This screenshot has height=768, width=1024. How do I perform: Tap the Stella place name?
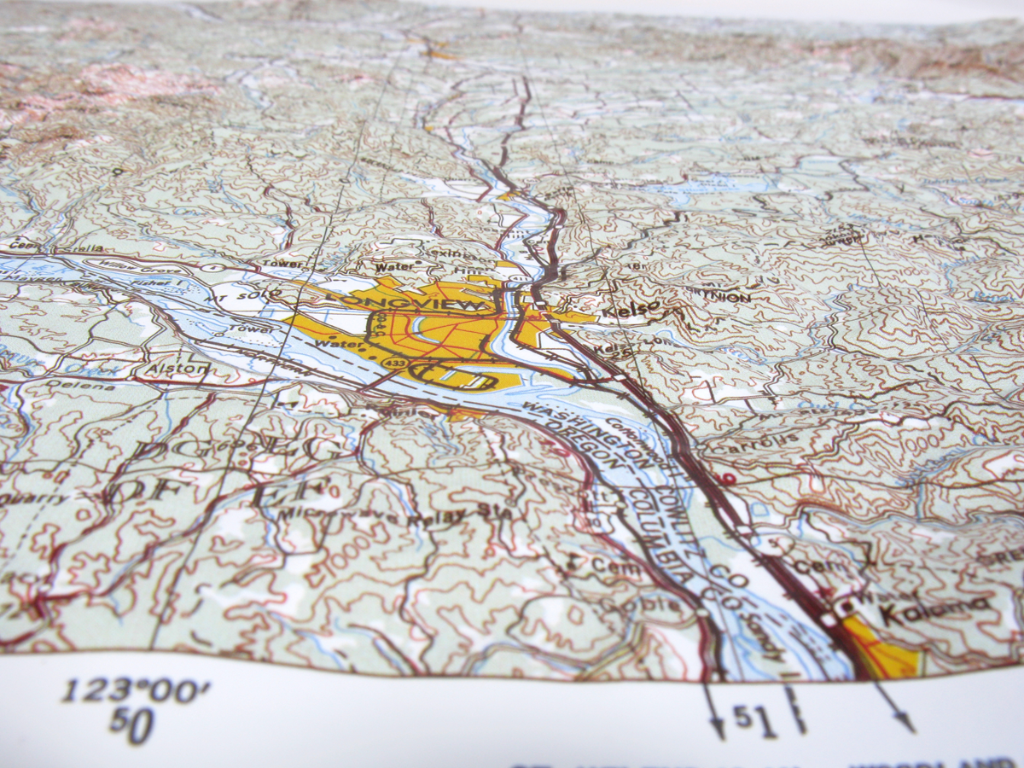(90, 248)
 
